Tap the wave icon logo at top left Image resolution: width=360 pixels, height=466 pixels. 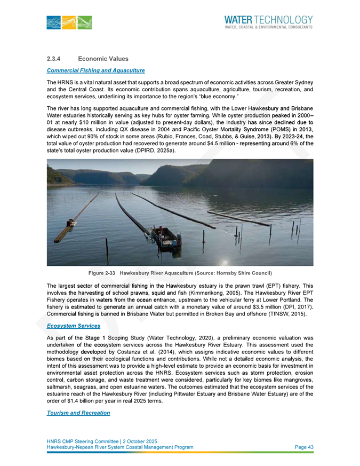pyautogui.click(x=69, y=22)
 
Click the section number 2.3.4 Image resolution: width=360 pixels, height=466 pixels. pyautogui.click(x=55, y=58)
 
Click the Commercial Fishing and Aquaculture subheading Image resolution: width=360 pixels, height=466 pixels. pyautogui.click(x=95, y=70)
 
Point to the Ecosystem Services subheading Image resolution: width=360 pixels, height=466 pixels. pyautogui.click(x=74, y=326)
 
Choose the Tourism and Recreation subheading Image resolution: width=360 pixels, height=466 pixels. pyautogui.click(x=78, y=413)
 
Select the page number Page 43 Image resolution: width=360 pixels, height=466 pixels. pyautogui.click(x=304, y=447)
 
